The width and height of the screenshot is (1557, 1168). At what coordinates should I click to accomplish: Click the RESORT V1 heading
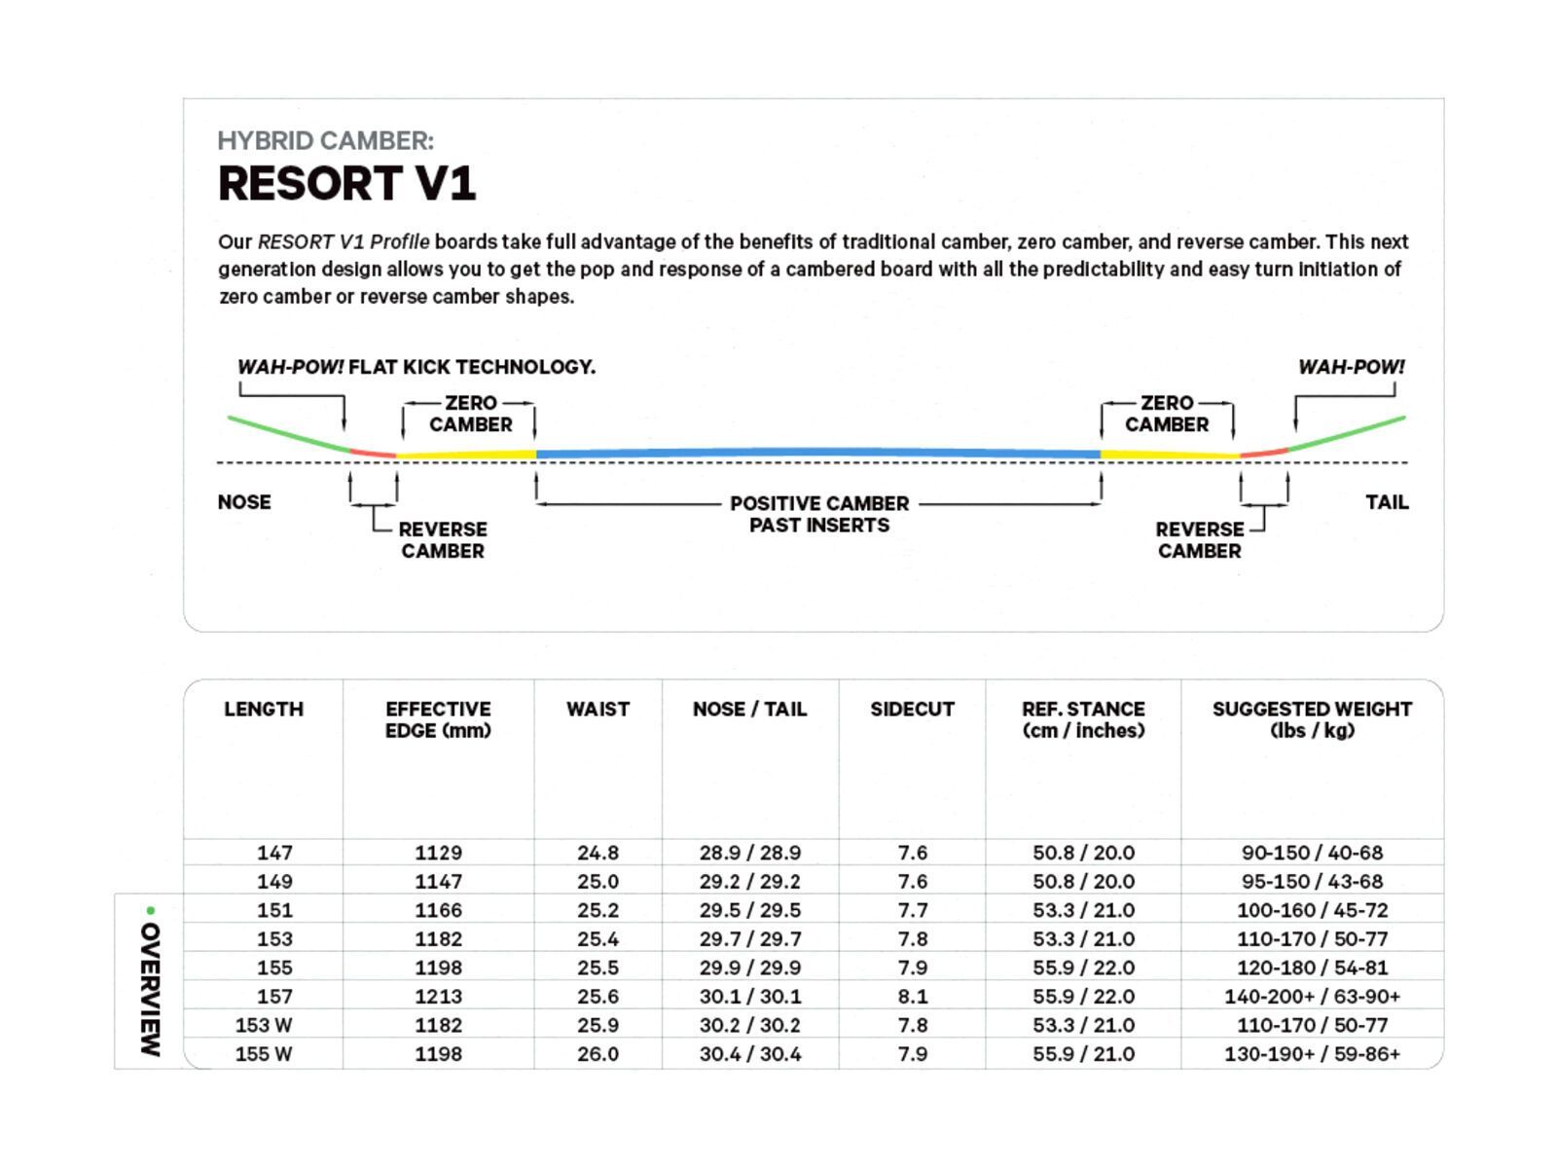pos(346,184)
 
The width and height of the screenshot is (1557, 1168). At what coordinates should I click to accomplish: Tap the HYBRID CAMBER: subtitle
pos(325,141)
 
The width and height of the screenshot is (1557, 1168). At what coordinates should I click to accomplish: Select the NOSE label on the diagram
pos(244,502)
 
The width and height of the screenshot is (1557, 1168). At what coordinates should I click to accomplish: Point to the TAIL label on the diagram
pos(1387,502)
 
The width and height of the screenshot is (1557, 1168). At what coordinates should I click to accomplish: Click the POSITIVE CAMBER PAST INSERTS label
pos(819,514)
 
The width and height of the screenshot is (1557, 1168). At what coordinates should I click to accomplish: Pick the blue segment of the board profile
pos(817,454)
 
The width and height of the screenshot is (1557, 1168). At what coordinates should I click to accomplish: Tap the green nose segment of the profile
pos(287,433)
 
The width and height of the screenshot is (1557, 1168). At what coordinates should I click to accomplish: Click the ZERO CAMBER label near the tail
pos(1167,414)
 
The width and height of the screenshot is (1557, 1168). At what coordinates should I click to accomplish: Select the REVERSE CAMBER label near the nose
pos(443,540)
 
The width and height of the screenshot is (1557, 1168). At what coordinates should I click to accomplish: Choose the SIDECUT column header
pos(912,710)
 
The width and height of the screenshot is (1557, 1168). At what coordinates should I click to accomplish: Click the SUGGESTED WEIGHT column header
pos(1312,719)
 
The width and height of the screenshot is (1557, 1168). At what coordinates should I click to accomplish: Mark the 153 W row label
pos(263,1025)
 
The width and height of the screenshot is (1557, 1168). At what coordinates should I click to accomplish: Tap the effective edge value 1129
pos(438,853)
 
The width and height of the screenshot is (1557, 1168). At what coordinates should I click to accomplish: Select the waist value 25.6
pos(597,997)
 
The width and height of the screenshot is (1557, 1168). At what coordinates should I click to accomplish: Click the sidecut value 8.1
pos(912,997)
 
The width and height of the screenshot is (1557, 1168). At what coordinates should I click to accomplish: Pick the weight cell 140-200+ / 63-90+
pos(1312,997)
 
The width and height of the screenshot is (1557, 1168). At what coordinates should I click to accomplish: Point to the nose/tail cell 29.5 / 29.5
pos(749,910)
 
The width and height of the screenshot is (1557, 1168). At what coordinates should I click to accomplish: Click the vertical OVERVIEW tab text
pos(150,989)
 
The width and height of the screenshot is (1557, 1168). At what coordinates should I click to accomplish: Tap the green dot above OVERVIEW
pos(150,910)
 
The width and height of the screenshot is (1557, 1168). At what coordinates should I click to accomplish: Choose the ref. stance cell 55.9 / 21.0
pos(1083,1054)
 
